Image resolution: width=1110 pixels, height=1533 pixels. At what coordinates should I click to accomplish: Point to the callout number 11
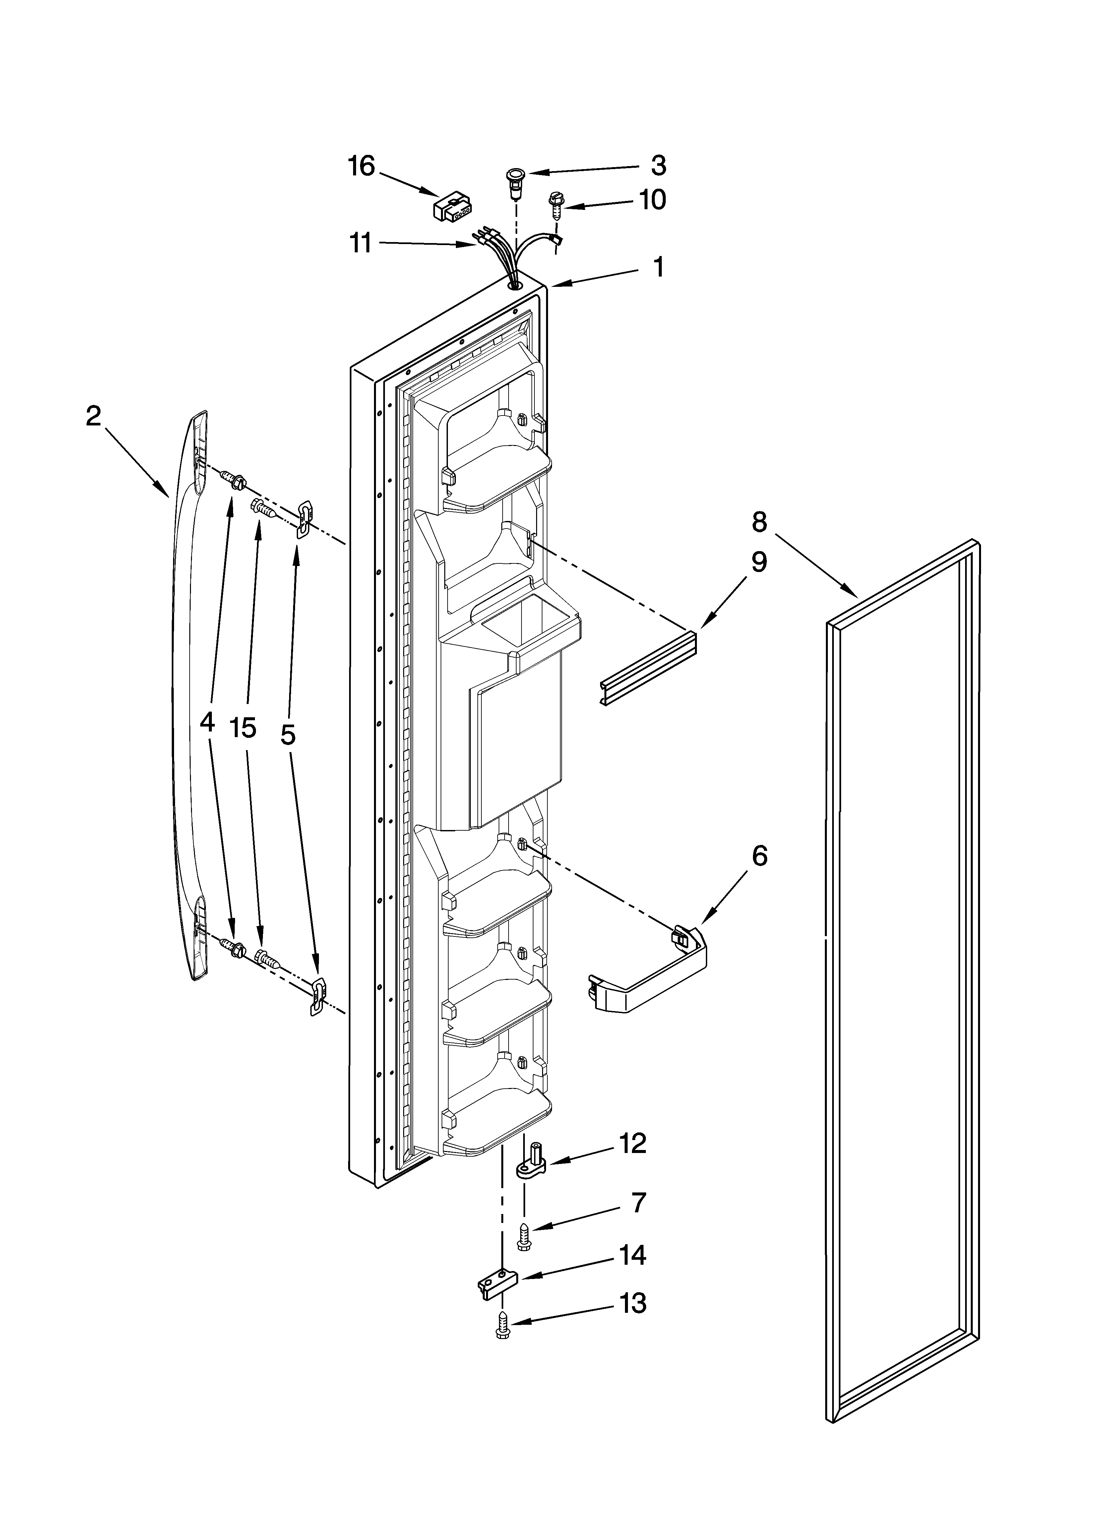coord(360,243)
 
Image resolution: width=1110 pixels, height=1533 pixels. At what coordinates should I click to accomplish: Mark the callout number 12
coord(633,1144)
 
